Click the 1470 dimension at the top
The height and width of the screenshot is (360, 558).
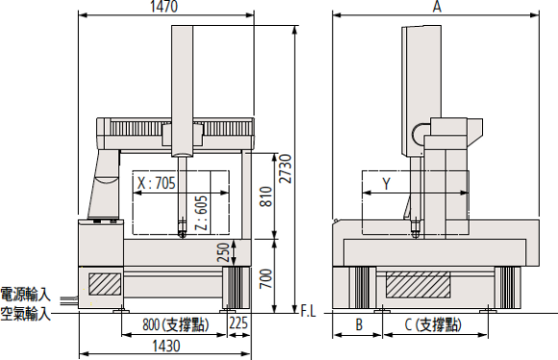click(x=164, y=7)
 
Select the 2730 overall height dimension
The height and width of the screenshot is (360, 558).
click(x=285, y=168)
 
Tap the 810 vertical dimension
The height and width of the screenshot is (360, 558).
click(x=266, y=196)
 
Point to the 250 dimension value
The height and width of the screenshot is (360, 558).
click(x=224, y=252)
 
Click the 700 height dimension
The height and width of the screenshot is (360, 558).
click(x=266, y=279)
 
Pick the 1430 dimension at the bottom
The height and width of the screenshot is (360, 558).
click(x=166, y=347)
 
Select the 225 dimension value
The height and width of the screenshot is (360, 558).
click(x=238, y=323)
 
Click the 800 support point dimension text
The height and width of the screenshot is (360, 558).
click(x=176, y=324)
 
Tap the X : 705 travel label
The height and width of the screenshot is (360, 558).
click(x=157, y=184)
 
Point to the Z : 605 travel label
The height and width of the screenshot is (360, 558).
click(x=201, y=213)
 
